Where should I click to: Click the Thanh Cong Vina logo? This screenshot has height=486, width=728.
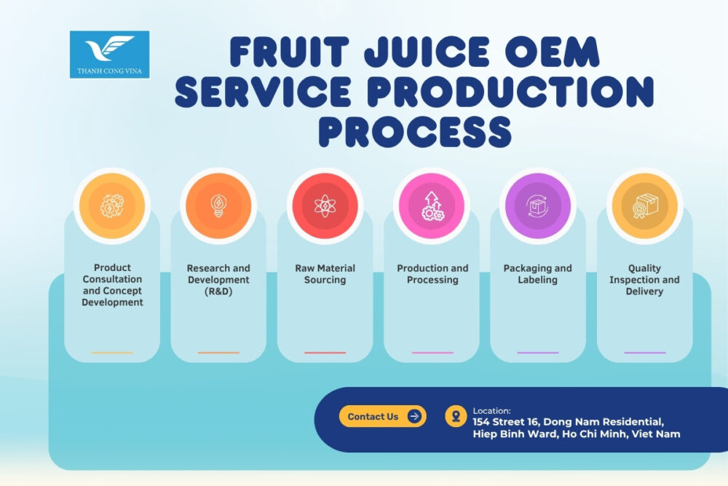pos(109,54)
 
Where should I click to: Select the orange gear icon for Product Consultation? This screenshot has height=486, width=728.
pos(111,205)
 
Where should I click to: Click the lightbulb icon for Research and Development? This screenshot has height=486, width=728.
pos(218,205)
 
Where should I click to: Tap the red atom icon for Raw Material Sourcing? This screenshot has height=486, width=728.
pos(325,205)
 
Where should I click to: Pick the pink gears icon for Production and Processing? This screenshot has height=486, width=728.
pos(432,205)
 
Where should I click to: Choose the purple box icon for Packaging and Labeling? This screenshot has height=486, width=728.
pos(538,205)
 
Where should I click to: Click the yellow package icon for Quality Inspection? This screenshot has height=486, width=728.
pos(644,205)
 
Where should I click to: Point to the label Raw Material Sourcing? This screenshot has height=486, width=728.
pos(325,274)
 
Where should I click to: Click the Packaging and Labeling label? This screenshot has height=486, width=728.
pos(538,274)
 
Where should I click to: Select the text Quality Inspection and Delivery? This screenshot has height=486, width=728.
pos(644,280)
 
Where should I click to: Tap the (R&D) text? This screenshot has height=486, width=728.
pos(218,291)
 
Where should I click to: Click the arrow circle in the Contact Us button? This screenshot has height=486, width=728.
pos(414,417)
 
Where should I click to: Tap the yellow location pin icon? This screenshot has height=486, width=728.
pos(456,417)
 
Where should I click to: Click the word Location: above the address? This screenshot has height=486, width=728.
pos(492,411)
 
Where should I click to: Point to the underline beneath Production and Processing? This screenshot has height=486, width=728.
pos(432,353)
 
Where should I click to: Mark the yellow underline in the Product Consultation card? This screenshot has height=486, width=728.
pos(111,353)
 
